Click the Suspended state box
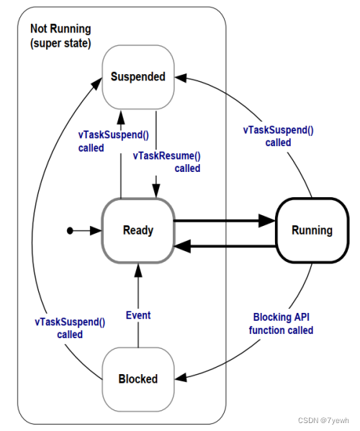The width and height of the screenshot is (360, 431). [x=138, y=77]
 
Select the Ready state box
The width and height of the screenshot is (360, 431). [x=138, y=230]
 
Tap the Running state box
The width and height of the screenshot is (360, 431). [x=312, y=230]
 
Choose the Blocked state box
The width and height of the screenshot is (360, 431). [x=138, y=378]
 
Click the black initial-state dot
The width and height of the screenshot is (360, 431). [x=70, y=230]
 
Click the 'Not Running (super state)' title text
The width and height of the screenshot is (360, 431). [x=60, y=35]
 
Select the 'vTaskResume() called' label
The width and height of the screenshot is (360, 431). [x=166, y=162]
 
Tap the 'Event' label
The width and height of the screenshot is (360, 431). [x=138, y=314]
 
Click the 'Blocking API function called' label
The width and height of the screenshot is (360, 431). [x=283, y=323]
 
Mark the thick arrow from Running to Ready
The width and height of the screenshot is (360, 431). [x=223, y=247]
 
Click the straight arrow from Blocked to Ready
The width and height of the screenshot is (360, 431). [x=138, y=302]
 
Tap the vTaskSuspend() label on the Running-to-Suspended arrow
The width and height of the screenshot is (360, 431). [x=278, y=136]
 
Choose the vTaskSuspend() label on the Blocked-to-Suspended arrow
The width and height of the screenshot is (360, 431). [x=70, y=328]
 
